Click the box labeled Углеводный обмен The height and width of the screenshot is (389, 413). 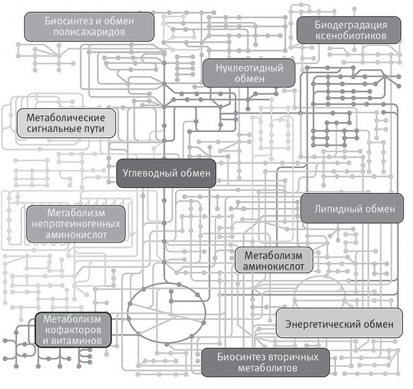[x=166, y=173]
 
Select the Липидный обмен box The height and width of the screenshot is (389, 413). [x=352, y=208]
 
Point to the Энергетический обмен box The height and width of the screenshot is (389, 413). [x=339, y=324]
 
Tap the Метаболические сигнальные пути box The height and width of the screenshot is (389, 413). [x=65, y=123]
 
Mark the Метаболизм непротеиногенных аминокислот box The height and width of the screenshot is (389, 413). [x=76, y=224]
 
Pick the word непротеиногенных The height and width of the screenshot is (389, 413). [x=76, y=224]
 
